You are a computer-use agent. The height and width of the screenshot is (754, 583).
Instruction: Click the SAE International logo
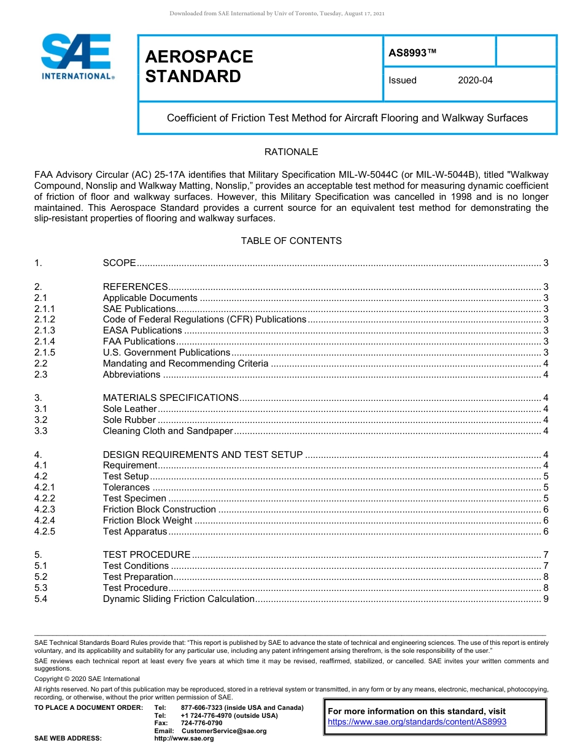(77, 56)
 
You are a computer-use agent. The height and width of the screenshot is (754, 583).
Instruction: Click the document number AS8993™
(412, 53)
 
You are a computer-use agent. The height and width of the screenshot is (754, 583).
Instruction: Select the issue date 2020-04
(475, 80)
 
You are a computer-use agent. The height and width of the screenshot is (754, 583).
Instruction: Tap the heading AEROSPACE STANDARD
(199, 66)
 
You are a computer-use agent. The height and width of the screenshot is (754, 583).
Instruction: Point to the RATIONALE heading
(291, 152)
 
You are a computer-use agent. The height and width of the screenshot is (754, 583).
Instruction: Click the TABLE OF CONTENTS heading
(291, 241)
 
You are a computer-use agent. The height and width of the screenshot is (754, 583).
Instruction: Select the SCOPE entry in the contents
(119, 263)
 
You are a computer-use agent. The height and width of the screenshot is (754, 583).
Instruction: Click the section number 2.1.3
(45, 330)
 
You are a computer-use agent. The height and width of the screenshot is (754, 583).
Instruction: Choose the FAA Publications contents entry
(139, 341)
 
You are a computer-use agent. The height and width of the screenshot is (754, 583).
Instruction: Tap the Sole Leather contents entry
(129, 409)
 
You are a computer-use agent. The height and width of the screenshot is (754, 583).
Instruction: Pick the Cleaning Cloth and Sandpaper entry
(168, 431)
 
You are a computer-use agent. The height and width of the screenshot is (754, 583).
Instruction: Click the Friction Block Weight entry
(147, 520)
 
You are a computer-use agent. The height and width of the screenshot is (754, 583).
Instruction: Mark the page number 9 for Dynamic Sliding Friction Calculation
(546, 599)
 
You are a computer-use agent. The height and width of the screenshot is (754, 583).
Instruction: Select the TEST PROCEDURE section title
(147, 555)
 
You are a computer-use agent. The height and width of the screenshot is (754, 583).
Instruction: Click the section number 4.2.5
(45, 531)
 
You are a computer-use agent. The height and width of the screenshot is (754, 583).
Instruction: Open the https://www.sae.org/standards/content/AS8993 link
(417, 722)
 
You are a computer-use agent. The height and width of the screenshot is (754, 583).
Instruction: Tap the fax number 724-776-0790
(201, 723)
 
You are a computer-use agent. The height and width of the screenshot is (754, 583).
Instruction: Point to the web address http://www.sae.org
(184, 738)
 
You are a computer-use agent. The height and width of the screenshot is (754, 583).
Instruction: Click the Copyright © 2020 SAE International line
(87, 679)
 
